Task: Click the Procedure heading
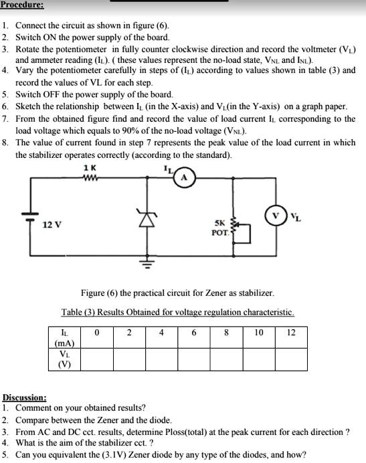point(23,5)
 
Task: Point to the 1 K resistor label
point(90,168)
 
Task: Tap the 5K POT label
point(219,227)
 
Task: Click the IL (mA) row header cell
point(64,337)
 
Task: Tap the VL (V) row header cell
point(64,359)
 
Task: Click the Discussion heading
point(25,397)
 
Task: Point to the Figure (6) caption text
point(177,293)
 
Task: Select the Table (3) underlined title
point(177,312)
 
